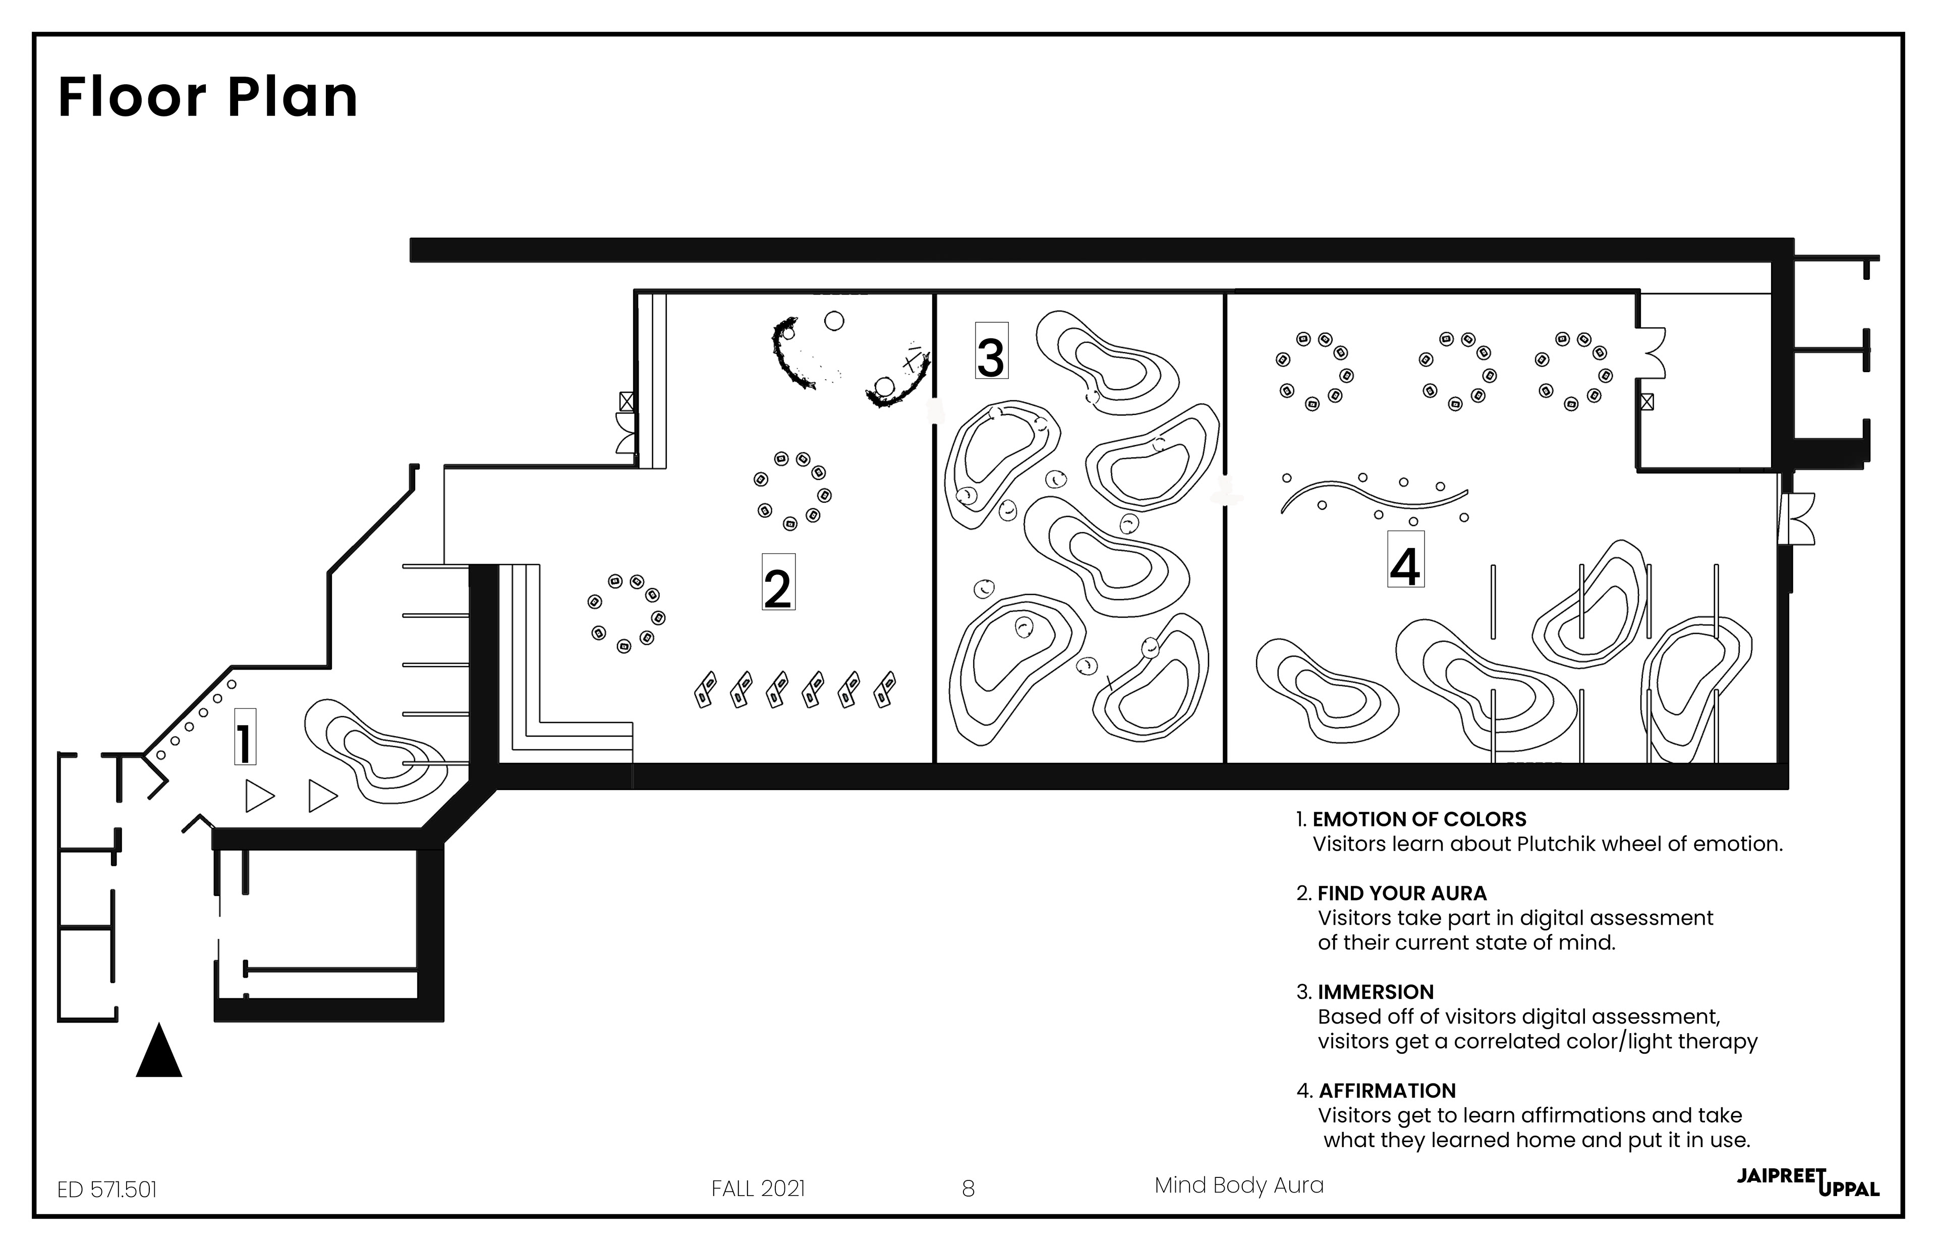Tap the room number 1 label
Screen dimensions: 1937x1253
[x=244, y=737]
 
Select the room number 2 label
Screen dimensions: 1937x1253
[x=778, y=582]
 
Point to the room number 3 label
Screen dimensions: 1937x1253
[x=991, y=350]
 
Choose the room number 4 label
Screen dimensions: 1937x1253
[x=1405, y=559]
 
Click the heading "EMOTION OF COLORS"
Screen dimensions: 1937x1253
[x=1419, y=819]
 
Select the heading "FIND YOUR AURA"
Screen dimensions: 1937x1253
[x=1401, y=893]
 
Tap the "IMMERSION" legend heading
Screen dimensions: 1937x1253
[x=1376, y=992]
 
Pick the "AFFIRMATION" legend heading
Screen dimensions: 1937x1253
[x=1387, y=1090]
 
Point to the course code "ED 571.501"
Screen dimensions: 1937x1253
[x=106, y=1189]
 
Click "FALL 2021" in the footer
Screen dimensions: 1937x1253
[x=758, y=1189]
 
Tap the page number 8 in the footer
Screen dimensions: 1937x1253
[x=967, y=1189]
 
